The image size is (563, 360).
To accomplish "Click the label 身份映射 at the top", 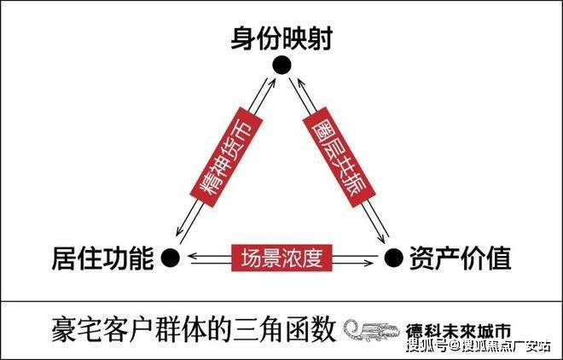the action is point(281,38).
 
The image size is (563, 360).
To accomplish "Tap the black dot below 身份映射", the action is point(281,66).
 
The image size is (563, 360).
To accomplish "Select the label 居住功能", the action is point(102,258).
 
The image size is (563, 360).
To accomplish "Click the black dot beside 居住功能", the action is point(171,258).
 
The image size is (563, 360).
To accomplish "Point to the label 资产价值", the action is point(460,258).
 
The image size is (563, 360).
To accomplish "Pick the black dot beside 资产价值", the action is point(394,258).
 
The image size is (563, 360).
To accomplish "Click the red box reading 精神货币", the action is point(226,157).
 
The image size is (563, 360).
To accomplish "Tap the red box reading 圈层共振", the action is point(339,157).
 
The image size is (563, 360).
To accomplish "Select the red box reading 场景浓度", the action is point(281,258).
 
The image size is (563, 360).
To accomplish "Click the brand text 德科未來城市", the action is point(458,330).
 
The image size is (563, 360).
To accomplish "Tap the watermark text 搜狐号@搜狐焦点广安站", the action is point(479,346).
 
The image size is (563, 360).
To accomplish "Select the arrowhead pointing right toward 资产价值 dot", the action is point(369,264).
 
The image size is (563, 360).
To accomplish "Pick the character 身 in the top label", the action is point(243,38).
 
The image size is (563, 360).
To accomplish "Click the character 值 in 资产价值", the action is point(499,258).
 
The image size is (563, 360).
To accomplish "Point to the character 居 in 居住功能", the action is point(64,258).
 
